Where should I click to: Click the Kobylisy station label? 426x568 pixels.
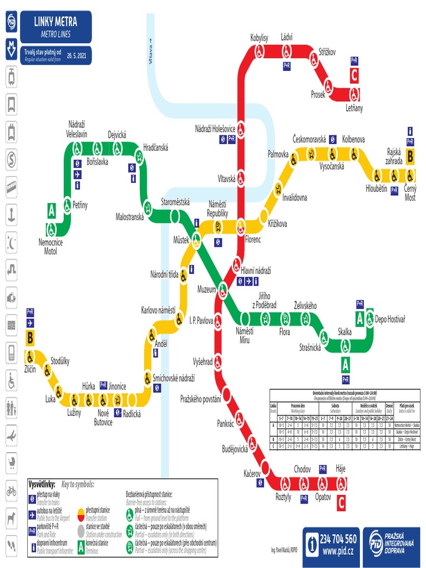(x=260, y=38)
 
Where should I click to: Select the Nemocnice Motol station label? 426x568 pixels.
(x=50, y=247)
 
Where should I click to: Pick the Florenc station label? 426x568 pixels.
(x=252, y=240)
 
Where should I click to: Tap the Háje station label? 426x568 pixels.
(x=341, y=469)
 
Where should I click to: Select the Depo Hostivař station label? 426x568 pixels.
(x=390, y=319)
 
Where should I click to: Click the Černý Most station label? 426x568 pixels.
(x=410, y=193)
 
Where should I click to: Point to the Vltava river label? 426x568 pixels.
(x=150, y=53)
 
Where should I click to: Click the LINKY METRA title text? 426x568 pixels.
(x=55, y=22)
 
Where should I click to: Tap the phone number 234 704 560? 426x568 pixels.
(x=338, y=539)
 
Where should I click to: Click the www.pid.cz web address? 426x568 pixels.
(x=338, y=551)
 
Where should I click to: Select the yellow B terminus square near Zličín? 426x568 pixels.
(x=30, y=337)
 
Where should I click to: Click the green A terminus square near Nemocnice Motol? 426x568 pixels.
(x=52, y=211)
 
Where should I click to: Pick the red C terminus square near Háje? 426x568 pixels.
(x=341, y=503)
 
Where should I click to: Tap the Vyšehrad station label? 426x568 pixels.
(x=202, y=362)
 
